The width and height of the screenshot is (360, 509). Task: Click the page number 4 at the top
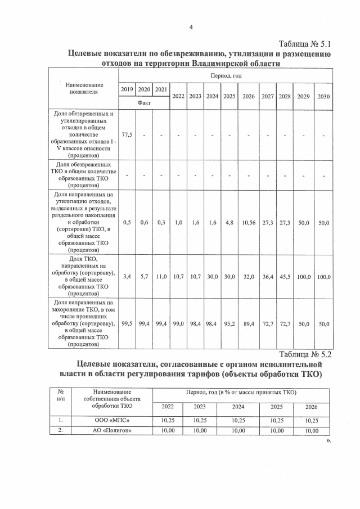point(191,27)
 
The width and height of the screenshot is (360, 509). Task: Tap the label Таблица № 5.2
point(305,354)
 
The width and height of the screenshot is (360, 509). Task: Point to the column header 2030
point(323,96)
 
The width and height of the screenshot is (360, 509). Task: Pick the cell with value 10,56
point(249,223)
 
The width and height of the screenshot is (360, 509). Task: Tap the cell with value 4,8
point(229,223)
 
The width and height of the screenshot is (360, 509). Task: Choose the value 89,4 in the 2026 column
point(249,325)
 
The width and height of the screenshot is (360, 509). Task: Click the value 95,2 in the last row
point(229,325)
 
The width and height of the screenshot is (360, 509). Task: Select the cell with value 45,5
point(285,277)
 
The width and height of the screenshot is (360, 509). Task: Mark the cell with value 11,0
point(161,277)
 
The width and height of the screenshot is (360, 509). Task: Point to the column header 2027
point(267,96)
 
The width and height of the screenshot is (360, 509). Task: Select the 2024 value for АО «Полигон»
point(238,431)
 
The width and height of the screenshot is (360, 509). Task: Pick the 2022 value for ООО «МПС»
point(168,420)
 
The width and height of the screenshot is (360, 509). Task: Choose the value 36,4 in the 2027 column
point(267,277)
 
